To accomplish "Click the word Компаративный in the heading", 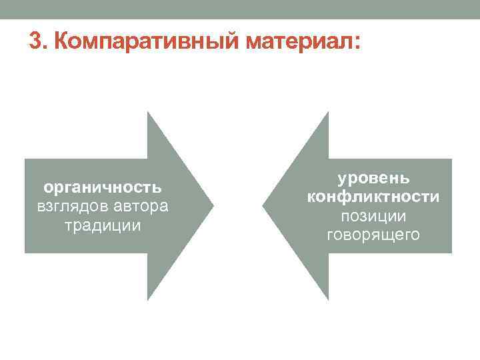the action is pos(146,41).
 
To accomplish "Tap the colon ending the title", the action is pos(357,43).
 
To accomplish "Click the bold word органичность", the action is pos(102,187).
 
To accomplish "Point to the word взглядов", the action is pos(73,207).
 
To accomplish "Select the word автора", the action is pos(141,207).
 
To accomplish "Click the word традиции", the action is pos(103,226).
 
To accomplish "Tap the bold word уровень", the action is pos(373,179).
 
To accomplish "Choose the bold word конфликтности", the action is pos(373,197).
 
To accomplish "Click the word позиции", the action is pos(373,217).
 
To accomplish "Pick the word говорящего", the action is pos(373,235).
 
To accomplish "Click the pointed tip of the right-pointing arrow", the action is pos(213,206).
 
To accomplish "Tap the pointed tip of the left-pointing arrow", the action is pos(263,206).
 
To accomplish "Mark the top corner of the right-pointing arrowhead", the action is pos(148,112).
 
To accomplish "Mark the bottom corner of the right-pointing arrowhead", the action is pos(148,300).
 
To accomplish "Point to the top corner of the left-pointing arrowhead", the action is pos(329,112).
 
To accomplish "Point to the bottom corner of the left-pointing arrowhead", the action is pos(329,300).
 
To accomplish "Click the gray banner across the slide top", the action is pos(240,9).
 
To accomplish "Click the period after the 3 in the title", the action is pos(45,47).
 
